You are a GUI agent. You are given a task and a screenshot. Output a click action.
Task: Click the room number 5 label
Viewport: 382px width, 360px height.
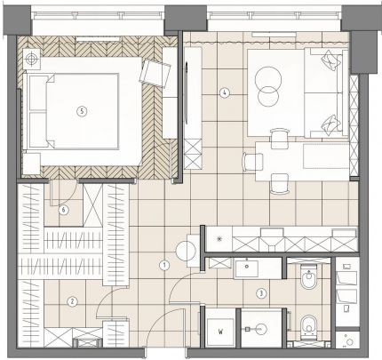82,111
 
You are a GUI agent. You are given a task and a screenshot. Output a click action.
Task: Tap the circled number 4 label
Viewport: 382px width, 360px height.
225,93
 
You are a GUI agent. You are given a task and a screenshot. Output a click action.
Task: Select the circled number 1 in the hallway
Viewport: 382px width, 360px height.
164,266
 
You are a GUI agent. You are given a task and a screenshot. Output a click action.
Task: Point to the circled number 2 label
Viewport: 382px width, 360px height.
72,302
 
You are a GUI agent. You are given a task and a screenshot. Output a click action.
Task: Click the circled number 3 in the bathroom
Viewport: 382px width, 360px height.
261,293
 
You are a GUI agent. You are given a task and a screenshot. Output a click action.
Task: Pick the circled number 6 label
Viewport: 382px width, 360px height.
63,210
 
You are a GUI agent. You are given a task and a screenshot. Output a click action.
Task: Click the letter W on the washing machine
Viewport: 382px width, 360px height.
220,332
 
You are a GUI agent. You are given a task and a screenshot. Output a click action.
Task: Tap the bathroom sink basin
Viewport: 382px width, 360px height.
246,268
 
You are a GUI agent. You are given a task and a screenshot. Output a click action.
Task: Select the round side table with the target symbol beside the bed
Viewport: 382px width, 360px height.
31,59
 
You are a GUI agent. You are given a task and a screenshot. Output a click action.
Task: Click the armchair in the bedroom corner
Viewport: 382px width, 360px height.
155,73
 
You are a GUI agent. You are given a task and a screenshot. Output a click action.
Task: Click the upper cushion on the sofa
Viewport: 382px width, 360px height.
331,60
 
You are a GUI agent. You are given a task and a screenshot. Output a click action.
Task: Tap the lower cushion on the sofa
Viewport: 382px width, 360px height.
331,125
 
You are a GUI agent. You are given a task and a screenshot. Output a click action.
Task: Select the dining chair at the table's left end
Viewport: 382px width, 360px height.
252,162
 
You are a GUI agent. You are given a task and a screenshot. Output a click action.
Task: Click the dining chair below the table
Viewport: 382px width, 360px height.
280,184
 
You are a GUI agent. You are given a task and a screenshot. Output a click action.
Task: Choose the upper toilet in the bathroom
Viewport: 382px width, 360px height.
309,277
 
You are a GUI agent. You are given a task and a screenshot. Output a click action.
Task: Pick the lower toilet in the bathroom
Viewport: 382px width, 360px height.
308,327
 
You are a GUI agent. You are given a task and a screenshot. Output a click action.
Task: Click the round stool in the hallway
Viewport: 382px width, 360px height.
186,251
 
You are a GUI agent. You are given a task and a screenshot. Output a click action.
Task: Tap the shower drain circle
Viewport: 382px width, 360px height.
261,329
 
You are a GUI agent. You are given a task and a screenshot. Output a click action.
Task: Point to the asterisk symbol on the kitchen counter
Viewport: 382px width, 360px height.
219,239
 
